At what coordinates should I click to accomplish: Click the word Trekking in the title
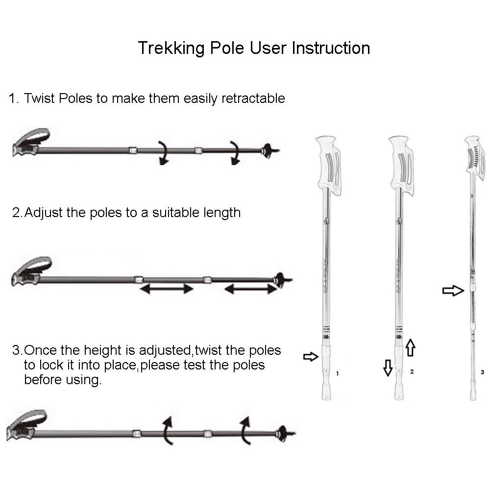[x=171, y=49]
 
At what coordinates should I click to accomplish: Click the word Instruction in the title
[x=331, y=48]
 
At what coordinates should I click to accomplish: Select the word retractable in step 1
[x=253, y=98]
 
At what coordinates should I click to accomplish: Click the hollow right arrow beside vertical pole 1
[x=311, y=357]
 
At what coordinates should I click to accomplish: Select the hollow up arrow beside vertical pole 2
[x=410, y=347]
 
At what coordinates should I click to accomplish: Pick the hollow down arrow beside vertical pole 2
[x=388, y=367]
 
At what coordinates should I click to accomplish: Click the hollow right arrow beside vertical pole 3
[x=453, y=291]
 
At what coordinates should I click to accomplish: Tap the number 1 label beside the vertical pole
[x=337, y=373]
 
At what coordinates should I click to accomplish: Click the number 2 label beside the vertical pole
[x=412, y=371]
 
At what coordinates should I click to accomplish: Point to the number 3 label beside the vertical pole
[x=483, y=372]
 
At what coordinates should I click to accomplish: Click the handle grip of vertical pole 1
[x=329, y=165]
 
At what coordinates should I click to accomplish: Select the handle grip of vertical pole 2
[x=401, y=165]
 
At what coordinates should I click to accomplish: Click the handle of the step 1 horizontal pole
[x=30, y=143]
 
